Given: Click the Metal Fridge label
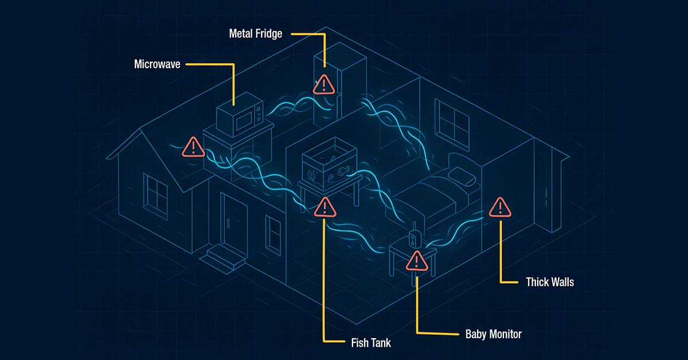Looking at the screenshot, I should [256, 34].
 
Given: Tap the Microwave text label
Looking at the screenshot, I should [157, 64].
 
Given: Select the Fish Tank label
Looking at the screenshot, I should [370, 343].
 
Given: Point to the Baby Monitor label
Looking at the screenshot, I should [494, 333].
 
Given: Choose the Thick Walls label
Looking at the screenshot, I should [550, 282].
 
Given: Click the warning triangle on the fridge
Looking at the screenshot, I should [324, 85].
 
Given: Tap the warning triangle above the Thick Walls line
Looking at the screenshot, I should [500, 208].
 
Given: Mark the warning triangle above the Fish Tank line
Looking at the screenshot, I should [325, 207].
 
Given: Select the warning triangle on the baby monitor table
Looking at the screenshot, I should [417, 261].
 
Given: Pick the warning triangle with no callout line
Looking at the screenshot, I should [194, 147].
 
